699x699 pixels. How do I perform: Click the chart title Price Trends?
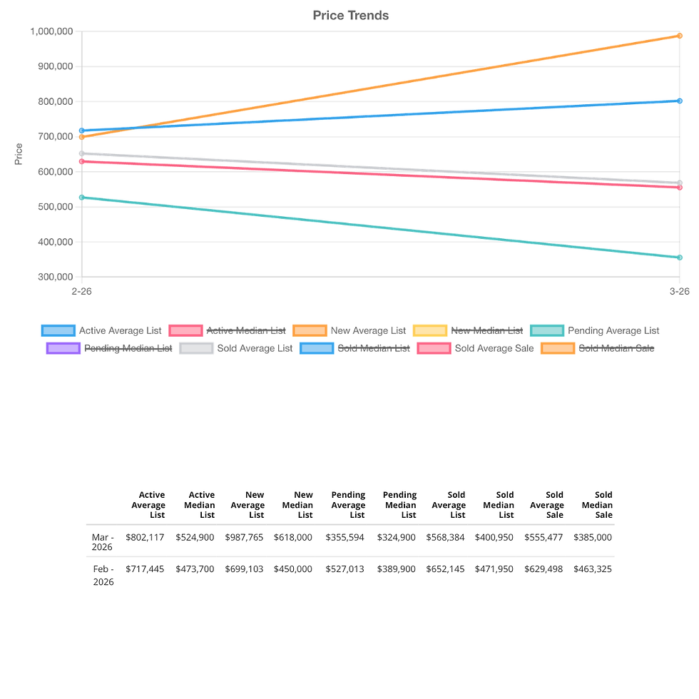[351, 15]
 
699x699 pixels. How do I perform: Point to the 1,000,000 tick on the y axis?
[52, 31]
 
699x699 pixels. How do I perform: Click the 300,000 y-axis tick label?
[55, 277]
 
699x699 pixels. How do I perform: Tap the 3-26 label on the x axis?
[679, 291]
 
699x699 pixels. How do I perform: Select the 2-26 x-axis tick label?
[81, 291]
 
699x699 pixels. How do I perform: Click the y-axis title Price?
[19, 154]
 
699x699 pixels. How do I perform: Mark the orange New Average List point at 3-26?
[680, 36]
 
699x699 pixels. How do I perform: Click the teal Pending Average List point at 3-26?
[680, 257]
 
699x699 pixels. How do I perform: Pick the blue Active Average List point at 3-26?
[680, 101]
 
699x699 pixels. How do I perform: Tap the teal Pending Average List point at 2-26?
[82, 198]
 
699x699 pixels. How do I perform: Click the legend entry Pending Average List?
[613, 330]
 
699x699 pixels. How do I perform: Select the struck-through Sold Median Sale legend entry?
[616, 348]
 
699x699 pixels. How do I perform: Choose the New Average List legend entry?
[368, 330]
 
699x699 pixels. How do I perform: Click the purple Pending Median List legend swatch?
[63, 348]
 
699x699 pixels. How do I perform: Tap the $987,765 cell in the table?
[245, 537]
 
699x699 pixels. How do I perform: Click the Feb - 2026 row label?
[103, 575]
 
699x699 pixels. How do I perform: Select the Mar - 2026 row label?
[103, 542]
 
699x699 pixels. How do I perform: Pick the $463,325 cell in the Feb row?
[593, 569]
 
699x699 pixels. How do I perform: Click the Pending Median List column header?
[399, 504]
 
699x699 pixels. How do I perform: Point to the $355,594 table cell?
[345, 537]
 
